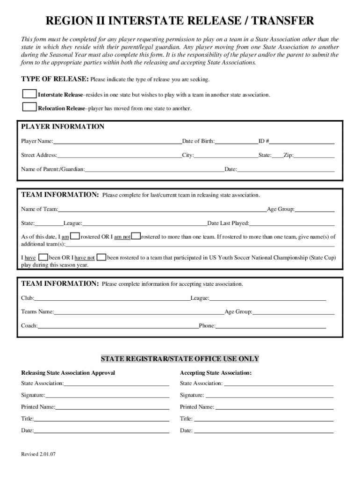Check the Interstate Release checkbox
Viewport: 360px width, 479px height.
tap(29, 94)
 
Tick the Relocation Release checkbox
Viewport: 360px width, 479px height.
tap(29, 107)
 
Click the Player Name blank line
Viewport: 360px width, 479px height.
tap(117, 141)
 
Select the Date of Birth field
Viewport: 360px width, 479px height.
tap(237, 141)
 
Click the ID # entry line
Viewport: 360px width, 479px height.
tap(302, 141)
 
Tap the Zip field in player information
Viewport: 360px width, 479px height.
tap(314, 155)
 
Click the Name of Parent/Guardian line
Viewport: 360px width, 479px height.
tap(154, 169)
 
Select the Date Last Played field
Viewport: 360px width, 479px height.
tap(292, 223)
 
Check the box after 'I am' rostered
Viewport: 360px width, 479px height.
tap(75, 236)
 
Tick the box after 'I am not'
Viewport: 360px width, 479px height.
tap(136, 236)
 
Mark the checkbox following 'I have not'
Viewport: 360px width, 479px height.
tap(101, 257)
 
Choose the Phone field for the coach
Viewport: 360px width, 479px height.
tap(271, 326)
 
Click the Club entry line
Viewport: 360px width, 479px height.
tap(112, 298)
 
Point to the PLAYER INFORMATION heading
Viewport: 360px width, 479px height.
tap(63, 127)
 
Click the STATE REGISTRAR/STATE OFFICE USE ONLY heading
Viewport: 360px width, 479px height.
tap(180, 359)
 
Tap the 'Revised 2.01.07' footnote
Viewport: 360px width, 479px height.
tap(38, 454)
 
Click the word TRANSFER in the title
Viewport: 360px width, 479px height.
tap(279, 21)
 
